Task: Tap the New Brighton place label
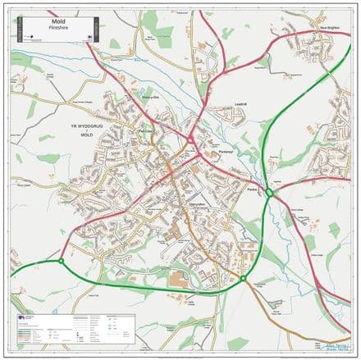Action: point(330,29)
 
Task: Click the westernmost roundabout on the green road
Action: point(61,262)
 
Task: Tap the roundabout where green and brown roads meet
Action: point(243,278)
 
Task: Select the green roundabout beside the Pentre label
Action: point(268,193)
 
